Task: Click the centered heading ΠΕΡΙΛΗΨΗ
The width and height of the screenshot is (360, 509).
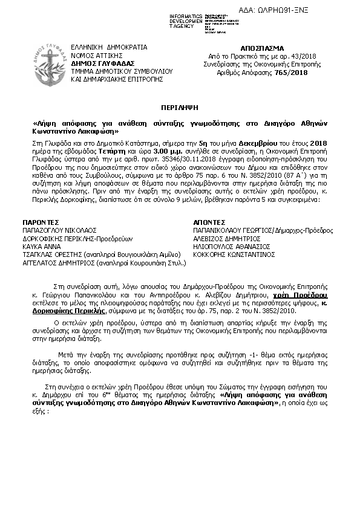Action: point(180,105)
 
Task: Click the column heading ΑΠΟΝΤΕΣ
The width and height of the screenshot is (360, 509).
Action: point(209,222)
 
